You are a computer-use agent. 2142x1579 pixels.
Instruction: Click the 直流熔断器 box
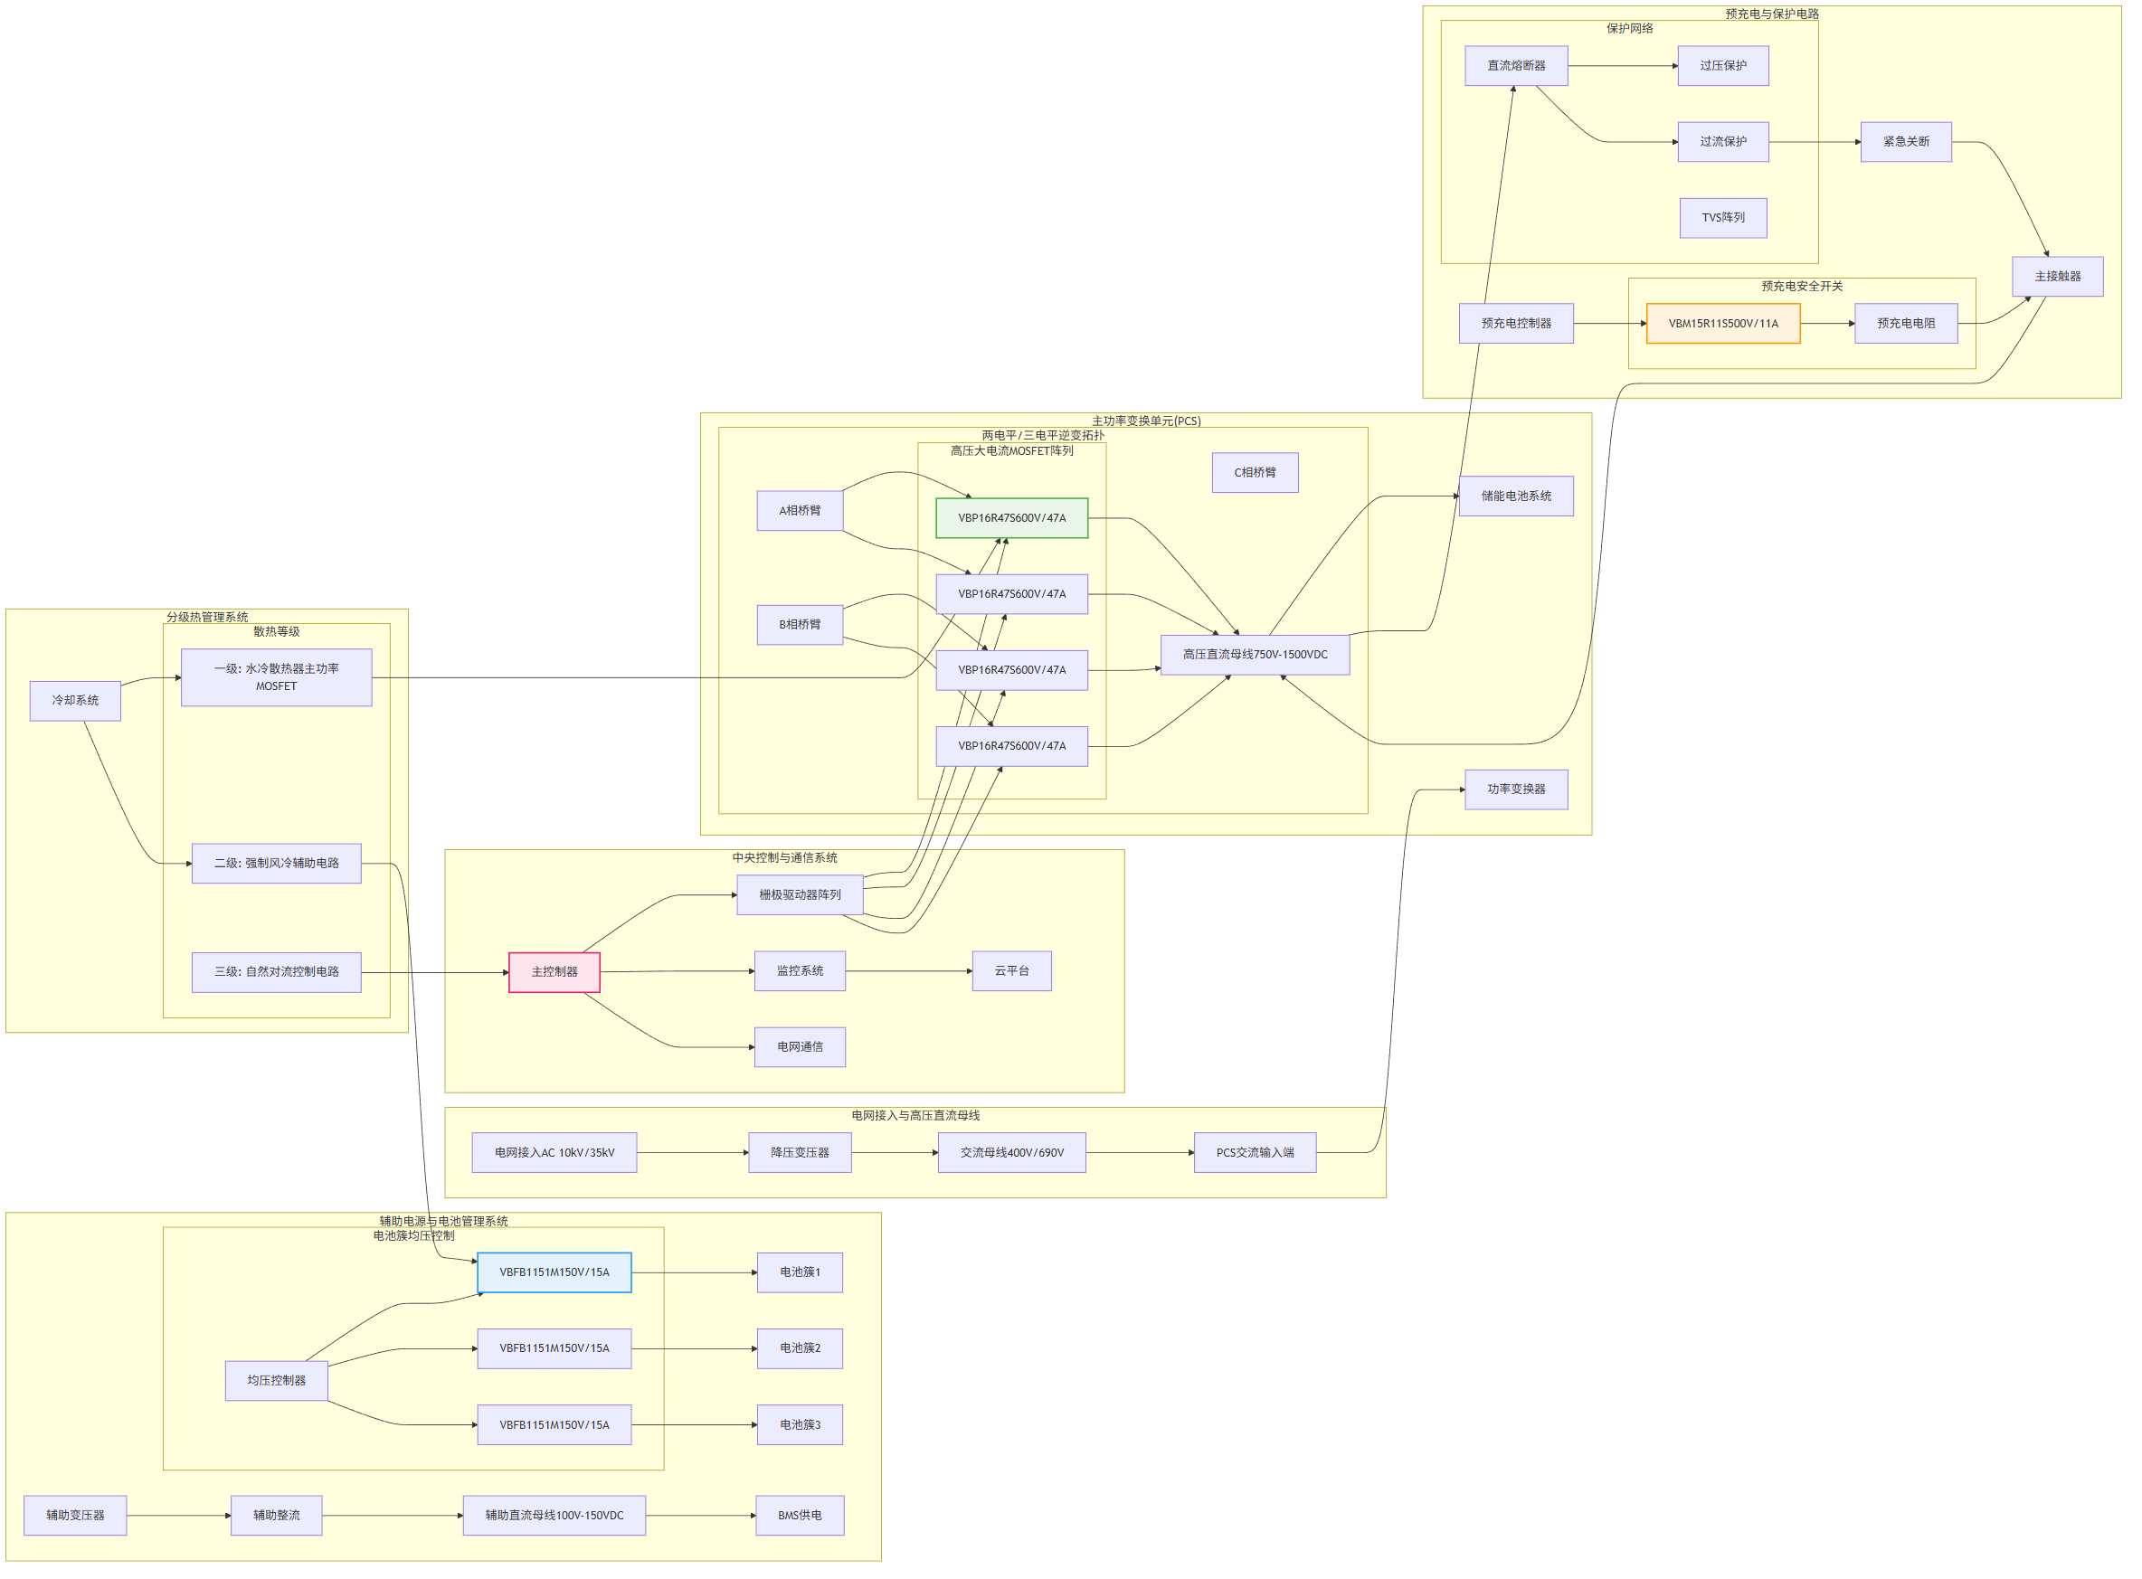pos(1516,66)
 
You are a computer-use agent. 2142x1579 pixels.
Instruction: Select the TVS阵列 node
pos(1722,218)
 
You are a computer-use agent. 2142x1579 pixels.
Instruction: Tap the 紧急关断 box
pos(1905,141)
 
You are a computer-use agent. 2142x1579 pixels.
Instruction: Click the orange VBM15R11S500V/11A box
pos(1722,323)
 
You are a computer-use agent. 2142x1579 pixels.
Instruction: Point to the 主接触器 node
pos(2057,276)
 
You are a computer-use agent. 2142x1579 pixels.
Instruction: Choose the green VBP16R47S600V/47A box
pos(1011,518)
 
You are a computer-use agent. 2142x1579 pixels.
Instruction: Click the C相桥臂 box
pos(1254,472)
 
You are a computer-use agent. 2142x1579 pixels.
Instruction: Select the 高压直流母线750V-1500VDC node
pos(1254,655)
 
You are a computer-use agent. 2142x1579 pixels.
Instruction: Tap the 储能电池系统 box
pos(1516,496)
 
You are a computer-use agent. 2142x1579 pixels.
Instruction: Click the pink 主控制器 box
pos(554,972)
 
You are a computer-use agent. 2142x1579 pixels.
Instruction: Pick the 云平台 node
pos(1011,971)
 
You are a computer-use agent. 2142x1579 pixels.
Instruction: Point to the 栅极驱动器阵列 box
pos(800,894)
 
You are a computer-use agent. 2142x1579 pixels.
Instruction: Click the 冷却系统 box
pos(75,701)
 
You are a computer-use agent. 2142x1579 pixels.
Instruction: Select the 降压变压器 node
pos(800,1153)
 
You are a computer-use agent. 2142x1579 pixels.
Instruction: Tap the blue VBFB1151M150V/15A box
pos(554,1272)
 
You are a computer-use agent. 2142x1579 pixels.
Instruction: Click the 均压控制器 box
pos(276,1380)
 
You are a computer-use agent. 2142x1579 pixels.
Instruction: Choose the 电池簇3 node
pos(800,1424)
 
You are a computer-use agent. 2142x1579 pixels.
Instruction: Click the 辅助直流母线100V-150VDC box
pos(554,1515)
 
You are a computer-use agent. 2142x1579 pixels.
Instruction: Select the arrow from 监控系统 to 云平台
pos(909,971)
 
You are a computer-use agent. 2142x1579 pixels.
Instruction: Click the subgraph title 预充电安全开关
pos(1802,286)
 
